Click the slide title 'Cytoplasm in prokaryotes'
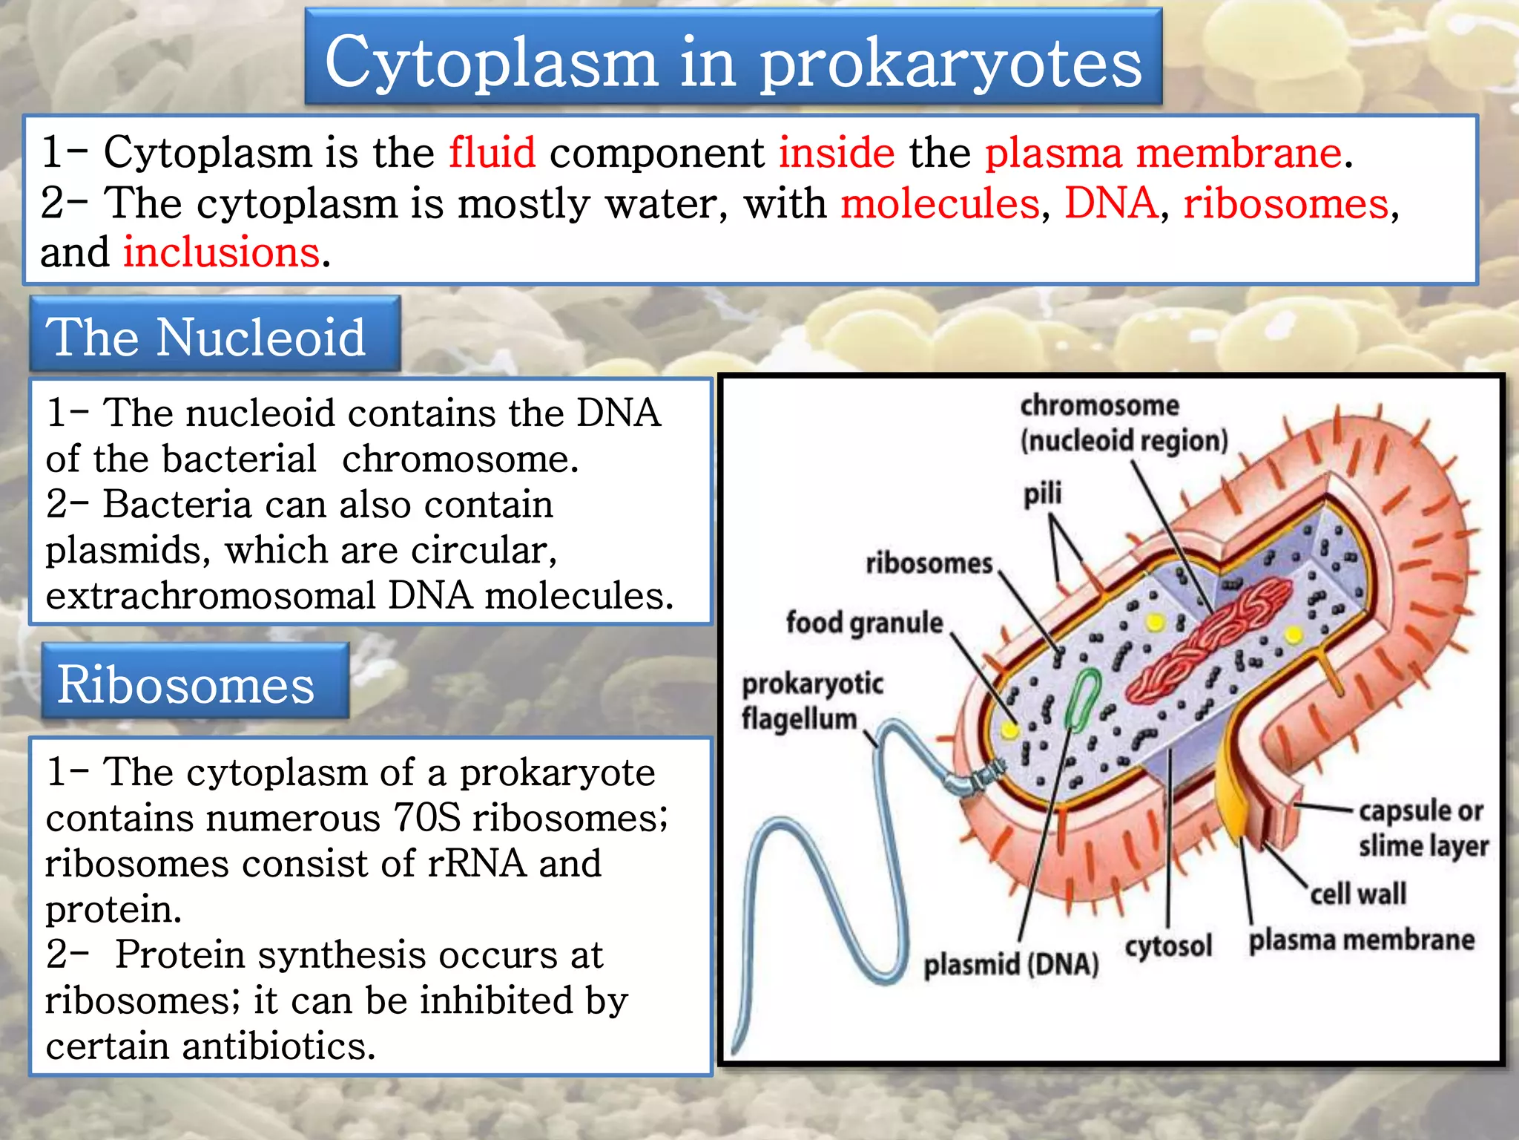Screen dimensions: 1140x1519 (733, 62)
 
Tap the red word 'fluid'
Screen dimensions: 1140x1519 (492, 153)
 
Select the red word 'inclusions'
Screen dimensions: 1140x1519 (221, 252)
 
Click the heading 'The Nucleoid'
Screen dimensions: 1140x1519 (206, 337)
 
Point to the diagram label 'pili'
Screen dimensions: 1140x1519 (1043, 494)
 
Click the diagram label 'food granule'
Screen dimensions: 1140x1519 (864, 622)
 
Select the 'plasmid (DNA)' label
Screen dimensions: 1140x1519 (1011, 964)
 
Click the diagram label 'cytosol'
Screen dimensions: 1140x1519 (1168, 946)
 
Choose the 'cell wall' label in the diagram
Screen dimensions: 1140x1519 (1357, 894)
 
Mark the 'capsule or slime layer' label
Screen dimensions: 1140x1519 (1423, 828)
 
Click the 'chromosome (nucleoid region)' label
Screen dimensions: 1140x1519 (1123, 423)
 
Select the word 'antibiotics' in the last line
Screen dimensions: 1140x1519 (279, 1046)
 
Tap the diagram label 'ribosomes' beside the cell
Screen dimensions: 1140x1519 (929, 563)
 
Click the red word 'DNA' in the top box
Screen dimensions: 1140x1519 (1110, 203)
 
